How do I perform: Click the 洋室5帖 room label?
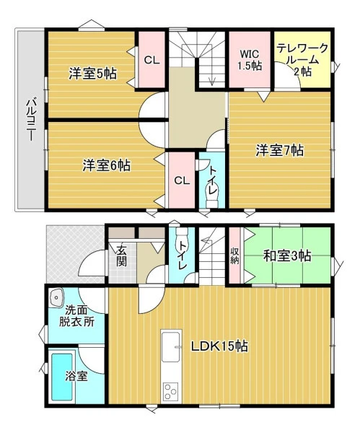coord(93,74)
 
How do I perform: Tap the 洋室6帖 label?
coord(107,165)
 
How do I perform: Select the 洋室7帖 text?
coord(279,150)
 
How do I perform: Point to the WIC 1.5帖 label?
coord(250,59)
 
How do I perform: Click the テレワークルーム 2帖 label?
coord(302,60)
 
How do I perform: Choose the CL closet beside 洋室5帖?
coord(152,60)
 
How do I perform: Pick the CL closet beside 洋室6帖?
coord(182,180)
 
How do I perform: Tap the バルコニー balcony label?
coord(31,120)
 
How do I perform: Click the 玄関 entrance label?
coord(121,256)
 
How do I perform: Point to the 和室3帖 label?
coord(287,255)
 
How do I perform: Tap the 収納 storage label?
coord(234,256)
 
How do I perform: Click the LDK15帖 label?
coord(220,346)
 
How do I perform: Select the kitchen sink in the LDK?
coord(171,347)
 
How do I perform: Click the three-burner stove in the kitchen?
coord(170,392)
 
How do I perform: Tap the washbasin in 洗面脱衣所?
coord(56,297)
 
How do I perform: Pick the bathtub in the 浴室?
coord(62,377)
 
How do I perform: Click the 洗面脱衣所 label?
coord(76,316)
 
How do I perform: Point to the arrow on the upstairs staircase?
coord(212,75)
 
